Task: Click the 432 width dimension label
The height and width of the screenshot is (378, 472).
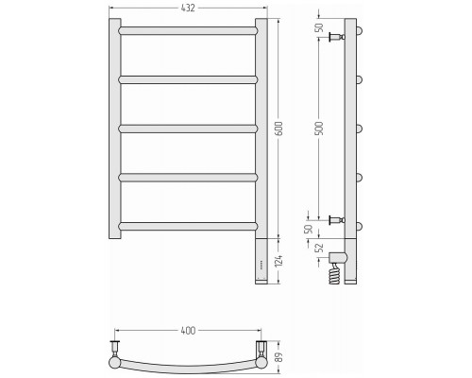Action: click(188, 8)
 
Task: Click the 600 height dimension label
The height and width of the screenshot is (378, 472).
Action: click(278, 129)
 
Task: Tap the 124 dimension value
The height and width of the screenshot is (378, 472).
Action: click(278, 261)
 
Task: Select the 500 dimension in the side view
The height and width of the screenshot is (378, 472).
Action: click(319, 129)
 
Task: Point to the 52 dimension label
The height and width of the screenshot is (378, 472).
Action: click(319, 248)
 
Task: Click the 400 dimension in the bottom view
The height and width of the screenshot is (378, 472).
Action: click(188, 331)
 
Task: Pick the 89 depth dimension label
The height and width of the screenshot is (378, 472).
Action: click(278, 357)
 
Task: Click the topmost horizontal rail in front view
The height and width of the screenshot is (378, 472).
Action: click(188, 31)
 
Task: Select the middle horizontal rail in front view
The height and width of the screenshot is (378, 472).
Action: click(188, 129)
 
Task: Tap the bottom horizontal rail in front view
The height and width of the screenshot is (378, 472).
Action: click(188, 226)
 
